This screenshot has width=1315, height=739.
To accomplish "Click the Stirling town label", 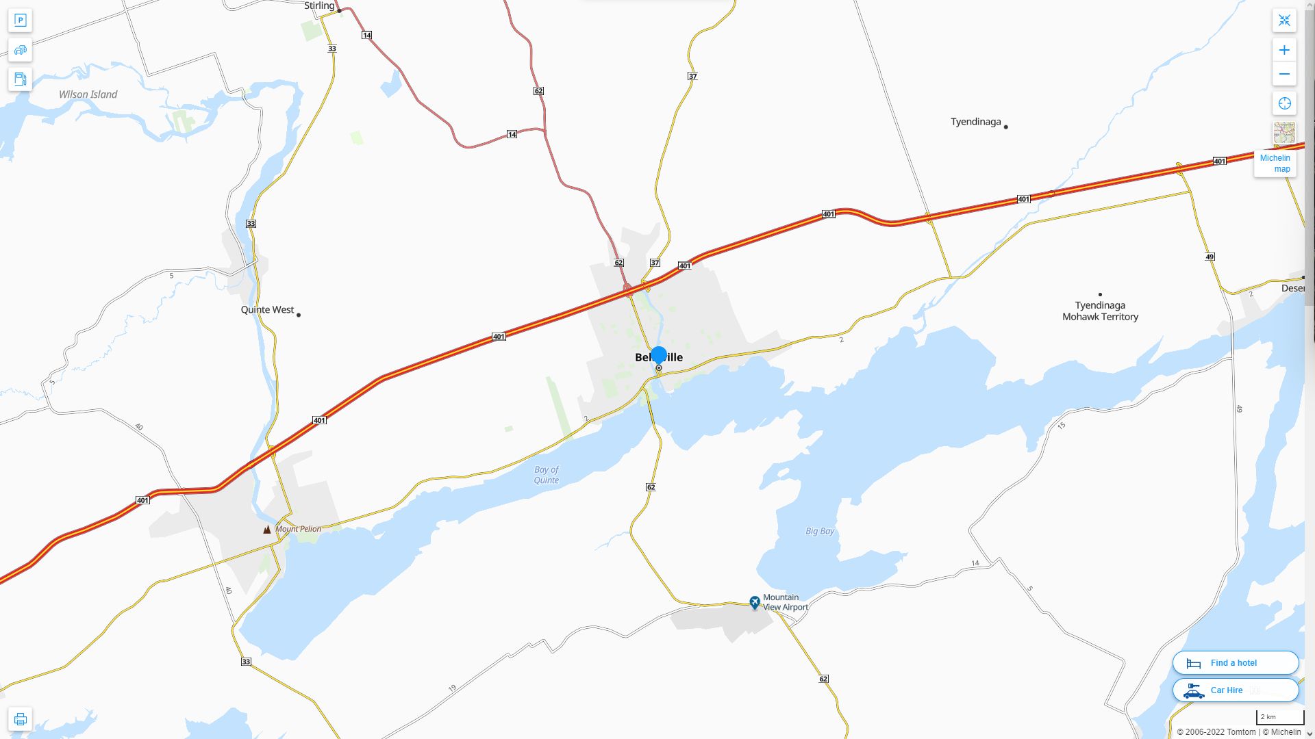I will coord(319,6).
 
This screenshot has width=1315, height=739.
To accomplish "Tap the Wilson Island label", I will coord(88,94).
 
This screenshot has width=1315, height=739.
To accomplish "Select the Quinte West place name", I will coord(267,310).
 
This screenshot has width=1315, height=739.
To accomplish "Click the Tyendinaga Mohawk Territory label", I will coord(1100,311).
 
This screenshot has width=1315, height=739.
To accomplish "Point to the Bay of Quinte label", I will coord(546,475).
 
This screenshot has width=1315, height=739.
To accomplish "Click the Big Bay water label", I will coord(819,531).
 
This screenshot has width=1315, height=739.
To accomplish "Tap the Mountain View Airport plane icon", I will coord(754,602).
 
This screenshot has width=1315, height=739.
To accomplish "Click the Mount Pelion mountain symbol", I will coord(267,529).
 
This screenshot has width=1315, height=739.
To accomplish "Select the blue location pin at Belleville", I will coord(659,356).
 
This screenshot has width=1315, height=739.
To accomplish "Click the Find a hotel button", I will coord(1235,663).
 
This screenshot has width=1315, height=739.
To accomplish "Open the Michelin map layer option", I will coord(1275,164).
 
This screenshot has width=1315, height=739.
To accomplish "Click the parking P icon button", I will coord(20,21).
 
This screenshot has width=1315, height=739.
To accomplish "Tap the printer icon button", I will coord(20,719).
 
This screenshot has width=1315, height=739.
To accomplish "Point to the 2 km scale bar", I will coord(1279,718).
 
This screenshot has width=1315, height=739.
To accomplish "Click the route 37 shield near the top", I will coord(692,76).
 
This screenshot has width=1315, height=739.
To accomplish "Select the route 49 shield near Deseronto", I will coord(1210,257).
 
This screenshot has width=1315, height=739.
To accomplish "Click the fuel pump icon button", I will coord(20,79).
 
